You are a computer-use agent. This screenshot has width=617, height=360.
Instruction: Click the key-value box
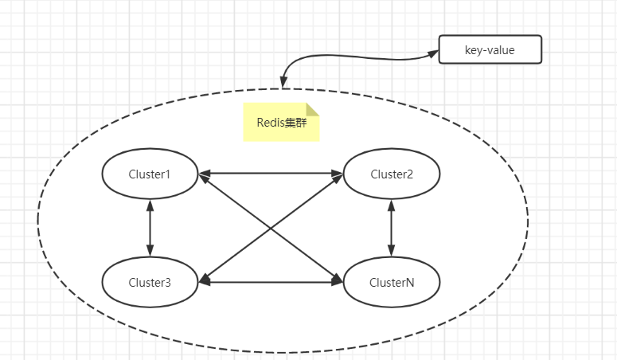pyautogui.click(x=490, y=49)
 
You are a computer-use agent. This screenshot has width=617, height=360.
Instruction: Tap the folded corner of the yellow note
pyautogui.click(x=313, y=110)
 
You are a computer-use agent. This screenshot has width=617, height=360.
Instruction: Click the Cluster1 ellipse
pyautogui.click(x=150, y=174)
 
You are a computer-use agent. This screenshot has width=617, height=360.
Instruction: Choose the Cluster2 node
pyautogui.click(x=391, y=174)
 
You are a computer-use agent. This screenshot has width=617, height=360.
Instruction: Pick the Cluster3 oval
pyautogui.click(x=150, y=282)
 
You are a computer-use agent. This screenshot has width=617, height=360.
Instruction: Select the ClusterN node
pyautogui.click(x=391, y=282)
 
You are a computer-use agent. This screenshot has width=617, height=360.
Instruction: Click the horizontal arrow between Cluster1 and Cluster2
pyautogui.click(x=271, y=173)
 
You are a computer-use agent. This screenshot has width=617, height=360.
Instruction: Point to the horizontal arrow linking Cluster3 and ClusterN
pyautogui.click(x=271, y=282)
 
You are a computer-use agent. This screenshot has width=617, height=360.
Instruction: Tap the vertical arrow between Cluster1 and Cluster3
pyautogui.click(x=150, y=228)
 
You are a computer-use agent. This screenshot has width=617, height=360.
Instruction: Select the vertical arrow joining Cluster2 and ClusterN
pyautogui.click(x=391, y=228)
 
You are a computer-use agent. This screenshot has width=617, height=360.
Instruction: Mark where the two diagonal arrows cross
pyautogui.click(x=271, y=228)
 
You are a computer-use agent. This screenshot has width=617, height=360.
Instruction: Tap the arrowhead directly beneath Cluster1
pyautogui.click(x=150, y=205)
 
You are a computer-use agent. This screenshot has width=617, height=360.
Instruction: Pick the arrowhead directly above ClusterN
pyautogui.click(x=391, y=251)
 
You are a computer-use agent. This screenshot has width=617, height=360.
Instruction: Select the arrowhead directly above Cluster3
pyautogui.click(x=150, y=251)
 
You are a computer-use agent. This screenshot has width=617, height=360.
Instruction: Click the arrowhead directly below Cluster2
pyautogui.click(x=391, y=205)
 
